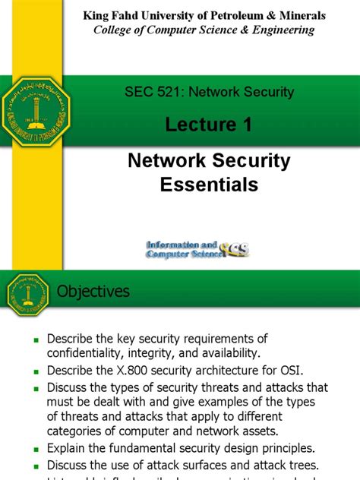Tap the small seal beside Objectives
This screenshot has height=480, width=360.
[x=28, y=294]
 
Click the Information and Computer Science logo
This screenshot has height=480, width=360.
[x=197, y=248]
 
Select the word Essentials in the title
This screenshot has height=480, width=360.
[x=209, y=184]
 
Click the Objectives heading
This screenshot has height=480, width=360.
[x=94, y=292]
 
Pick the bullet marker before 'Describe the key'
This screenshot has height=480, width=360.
[x=35, y=339]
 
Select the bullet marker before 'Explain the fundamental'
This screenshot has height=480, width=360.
[x=35, y=448]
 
